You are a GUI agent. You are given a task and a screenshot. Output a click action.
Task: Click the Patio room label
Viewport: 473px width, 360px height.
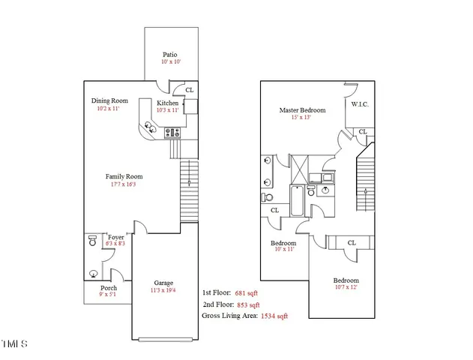click(171, 55)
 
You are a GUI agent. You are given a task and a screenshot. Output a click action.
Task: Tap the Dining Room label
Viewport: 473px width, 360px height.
click(109, 101)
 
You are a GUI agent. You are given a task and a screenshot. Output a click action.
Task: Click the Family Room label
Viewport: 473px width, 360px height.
click(124, 177)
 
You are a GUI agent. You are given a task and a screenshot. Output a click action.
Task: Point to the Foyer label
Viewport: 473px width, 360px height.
click(115, 236)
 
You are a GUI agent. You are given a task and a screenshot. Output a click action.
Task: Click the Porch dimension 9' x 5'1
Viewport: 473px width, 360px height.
click(108, 295)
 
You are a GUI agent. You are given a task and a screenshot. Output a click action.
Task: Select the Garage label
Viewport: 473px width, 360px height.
click(163, 283)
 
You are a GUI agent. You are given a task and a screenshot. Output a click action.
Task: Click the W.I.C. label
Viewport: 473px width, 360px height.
click(360, 105)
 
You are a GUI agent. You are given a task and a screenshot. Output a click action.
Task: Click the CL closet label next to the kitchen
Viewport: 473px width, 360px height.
click(189, 90)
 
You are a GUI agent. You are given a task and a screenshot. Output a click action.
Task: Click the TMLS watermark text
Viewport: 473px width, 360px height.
click(15, 343)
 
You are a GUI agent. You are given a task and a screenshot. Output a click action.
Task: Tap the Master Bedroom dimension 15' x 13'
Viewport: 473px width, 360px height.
click(295, 118)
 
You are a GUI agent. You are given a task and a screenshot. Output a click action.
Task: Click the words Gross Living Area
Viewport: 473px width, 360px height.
click(228, 316)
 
